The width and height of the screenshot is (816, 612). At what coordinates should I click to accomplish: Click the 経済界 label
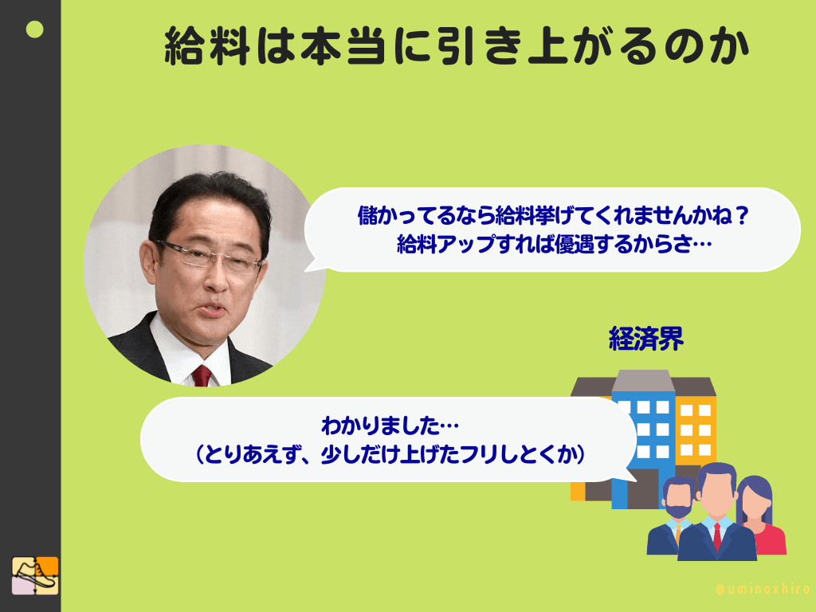pyautogui.click(x=646, y=340)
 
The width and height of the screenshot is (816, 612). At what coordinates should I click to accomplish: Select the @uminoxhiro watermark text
pyautogui.click(x=763, y=590)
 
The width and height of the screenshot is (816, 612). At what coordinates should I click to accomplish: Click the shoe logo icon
pyautogui.click(x=35, y=575)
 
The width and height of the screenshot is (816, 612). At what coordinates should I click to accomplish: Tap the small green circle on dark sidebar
pyautogui.click(x=34, y=30)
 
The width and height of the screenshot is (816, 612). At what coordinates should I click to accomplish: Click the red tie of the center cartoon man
pyautogui.click(x=716, y=535)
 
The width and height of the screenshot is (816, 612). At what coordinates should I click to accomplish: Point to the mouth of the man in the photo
pyautogui.click(x=211, y=310)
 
